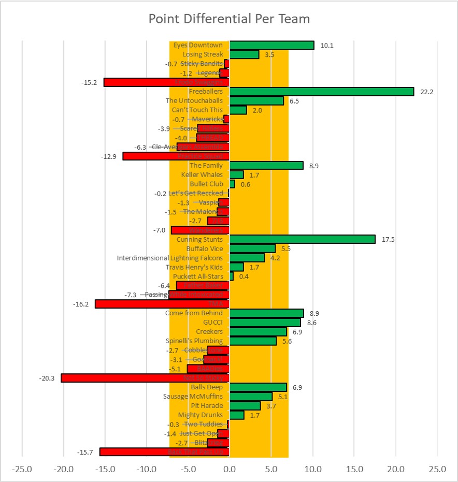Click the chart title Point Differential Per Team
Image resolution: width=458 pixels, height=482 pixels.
[x=229, y=19]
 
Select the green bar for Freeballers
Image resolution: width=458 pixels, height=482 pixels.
[x=321, y=92]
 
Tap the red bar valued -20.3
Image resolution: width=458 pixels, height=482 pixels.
[x=145, y=378]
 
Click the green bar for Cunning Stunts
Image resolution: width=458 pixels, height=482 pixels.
[x=302, y=239]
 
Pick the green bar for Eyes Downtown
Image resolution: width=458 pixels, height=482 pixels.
[x=271, y=45]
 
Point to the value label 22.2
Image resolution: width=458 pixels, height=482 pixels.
[x=427, y=92]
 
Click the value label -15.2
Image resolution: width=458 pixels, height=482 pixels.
[x=89, y=82]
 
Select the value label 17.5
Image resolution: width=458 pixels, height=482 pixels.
[x=388, y=240]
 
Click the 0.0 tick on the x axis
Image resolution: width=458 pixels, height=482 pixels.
[x=230, y=470]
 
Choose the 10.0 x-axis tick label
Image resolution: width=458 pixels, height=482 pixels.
[x=312, y=470]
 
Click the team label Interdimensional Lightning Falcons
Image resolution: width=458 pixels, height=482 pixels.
[x=170, y=258]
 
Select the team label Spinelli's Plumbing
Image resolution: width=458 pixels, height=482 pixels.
[x=194, y=341]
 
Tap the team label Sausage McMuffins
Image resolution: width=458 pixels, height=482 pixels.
[x=193, y=397]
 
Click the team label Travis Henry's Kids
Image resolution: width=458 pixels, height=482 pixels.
[x=194, y=267]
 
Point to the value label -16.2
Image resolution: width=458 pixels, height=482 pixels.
[x=81, y=304]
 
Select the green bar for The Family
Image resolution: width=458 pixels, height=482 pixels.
[x=266, y=165]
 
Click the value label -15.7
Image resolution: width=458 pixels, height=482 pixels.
[x=85, y=452]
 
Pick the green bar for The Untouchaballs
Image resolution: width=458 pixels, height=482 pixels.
[x=256, y=101]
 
